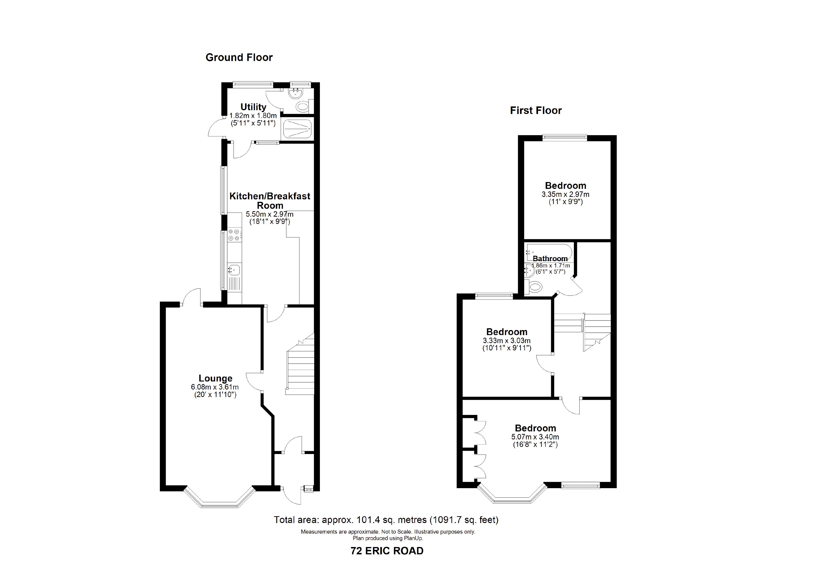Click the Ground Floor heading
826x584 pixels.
click(239, 57)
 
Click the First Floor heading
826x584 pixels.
click(536, 110)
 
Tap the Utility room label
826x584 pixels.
click(253, 107)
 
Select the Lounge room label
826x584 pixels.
click(215, 378)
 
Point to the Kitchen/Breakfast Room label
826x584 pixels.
click(270, 201)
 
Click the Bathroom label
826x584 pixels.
click(550, 258)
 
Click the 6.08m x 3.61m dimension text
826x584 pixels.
click(215, 387)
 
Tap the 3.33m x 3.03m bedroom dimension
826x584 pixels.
click(507, 341)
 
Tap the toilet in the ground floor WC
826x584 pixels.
click(302, 106)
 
